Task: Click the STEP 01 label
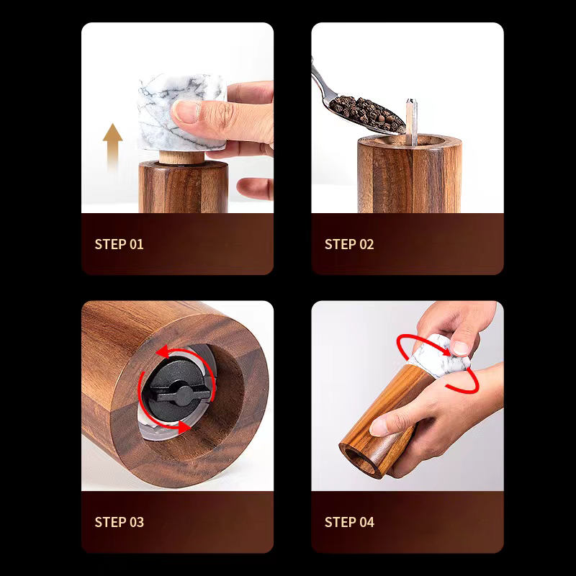coord(119,244)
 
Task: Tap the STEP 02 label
coord(349,244)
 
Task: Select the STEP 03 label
coord(120,522)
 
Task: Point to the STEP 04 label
coord(349,522)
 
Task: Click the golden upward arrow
coord(112,147)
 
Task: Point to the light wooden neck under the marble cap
coord(181,157)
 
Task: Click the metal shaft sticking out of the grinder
coord(411,122)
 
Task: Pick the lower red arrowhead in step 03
coord(184,427)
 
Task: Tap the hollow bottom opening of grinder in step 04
coord(359,460)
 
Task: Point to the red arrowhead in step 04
coord(445,351)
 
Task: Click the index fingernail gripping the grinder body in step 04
coord(379,427)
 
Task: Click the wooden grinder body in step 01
coord(184,187)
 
